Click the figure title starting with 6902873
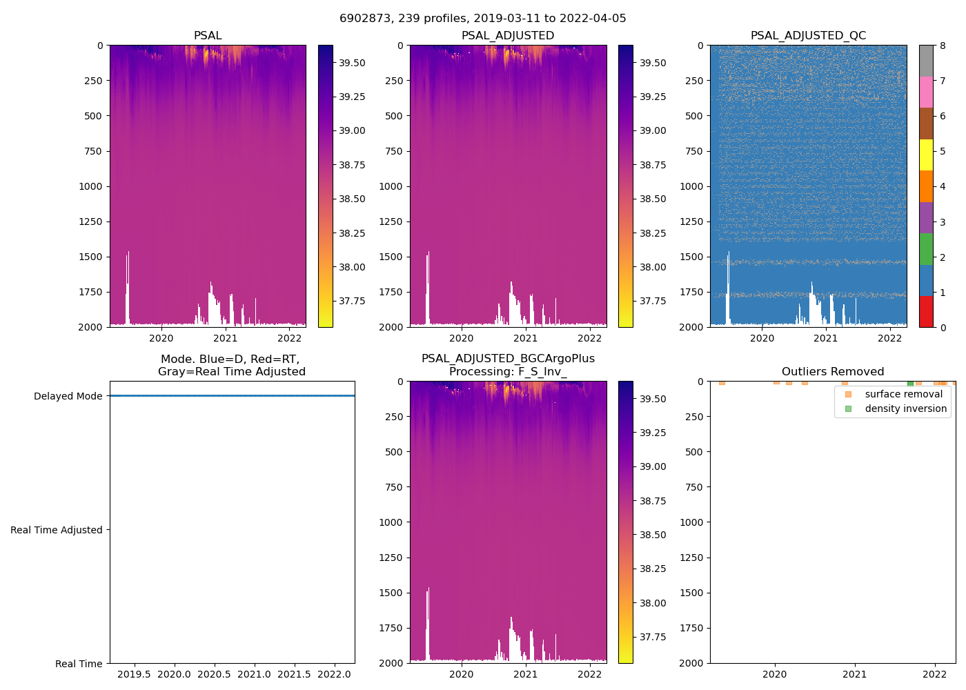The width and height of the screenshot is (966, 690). tap(482, 19)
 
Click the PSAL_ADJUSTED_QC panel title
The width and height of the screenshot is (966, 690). tap(808, 36)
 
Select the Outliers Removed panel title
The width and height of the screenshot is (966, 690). tap(832, 372)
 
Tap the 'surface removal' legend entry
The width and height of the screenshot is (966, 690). tap(903, 394)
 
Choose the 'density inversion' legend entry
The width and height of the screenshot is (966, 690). tap(905, 408)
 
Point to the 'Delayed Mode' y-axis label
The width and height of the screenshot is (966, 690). tap(68, 396)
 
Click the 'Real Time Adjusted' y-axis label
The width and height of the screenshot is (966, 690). tap(56, 530)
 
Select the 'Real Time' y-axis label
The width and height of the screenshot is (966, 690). tap(79, 664)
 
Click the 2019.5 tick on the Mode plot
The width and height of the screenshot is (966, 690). tap(134, 674)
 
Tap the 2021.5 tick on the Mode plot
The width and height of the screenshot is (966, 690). tap(294, 674)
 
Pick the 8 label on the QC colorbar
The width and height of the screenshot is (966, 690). tap(943, 46)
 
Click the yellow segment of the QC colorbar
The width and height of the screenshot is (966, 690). tap(926, 155)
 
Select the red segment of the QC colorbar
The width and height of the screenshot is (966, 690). tap(926, 311)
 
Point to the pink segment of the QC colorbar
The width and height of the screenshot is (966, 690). tap(926, 92)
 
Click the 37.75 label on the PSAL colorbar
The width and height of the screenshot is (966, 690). tap(352, 301)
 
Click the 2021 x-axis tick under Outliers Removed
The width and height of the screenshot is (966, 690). tap(855, 674)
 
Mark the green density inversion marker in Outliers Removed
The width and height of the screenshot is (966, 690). tap(910, 383)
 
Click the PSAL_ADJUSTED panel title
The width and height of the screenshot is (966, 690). tap(507, 36)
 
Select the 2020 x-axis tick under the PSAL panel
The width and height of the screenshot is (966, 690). tap(161, 338)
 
